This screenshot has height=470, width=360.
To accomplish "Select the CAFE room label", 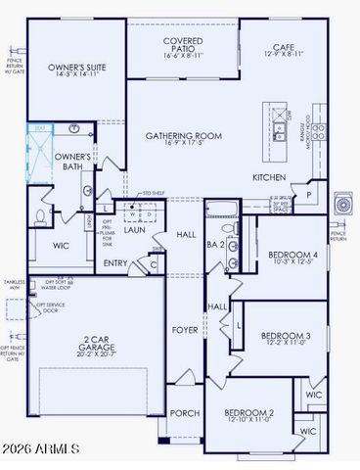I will pos(284,46).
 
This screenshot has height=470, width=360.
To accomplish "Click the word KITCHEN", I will pos(269,177).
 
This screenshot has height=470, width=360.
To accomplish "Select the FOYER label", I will pos(186,330).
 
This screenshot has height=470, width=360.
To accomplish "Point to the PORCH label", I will pos(185,413).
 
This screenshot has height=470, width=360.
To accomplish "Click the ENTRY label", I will pos(115,262).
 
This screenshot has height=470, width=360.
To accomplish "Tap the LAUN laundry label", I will pos(135,230).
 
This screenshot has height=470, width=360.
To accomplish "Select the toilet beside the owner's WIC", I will pos(40,215).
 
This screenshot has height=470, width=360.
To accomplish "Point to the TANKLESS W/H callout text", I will pos(14,286).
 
